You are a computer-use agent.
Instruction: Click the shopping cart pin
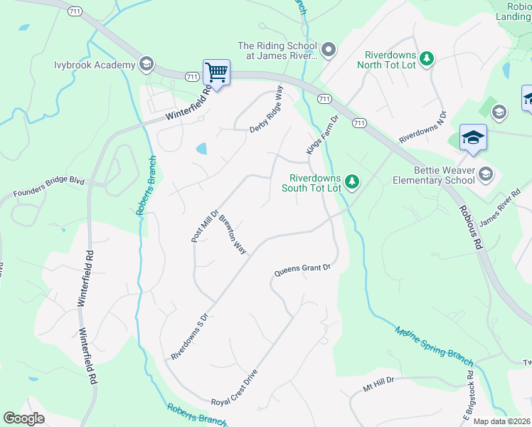click(x=216, y=73)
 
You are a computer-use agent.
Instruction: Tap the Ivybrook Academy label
click(x=95, y=65)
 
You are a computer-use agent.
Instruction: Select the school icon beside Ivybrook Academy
click(x=147, y=64)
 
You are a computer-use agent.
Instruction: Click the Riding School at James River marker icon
click(x=328, y=50)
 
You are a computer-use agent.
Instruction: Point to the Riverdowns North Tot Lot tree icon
click(x=427, y=58)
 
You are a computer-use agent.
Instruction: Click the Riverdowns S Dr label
click(x=188, y=336)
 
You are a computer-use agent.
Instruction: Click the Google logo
click(x=24, y=418)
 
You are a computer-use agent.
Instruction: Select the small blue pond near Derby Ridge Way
click(x=202, y=149)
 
